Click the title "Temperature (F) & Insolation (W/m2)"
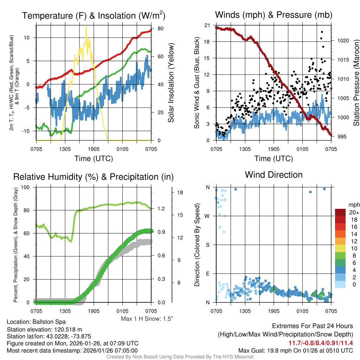tap(94, 15)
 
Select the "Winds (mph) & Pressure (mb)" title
tap(274, 15)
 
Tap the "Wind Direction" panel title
tap(274, 175)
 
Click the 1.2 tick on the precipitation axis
tap(161, 209)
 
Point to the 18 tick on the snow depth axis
tap(181, 193)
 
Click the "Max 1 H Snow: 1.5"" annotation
tap(147, 319)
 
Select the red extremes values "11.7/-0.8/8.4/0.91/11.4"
tap(321, 343)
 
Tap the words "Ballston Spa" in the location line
tap(49, 322)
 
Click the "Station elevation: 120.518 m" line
tap(44, 329)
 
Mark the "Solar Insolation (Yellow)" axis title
tap(171, 83)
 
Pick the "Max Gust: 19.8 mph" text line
tap(295, 350)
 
